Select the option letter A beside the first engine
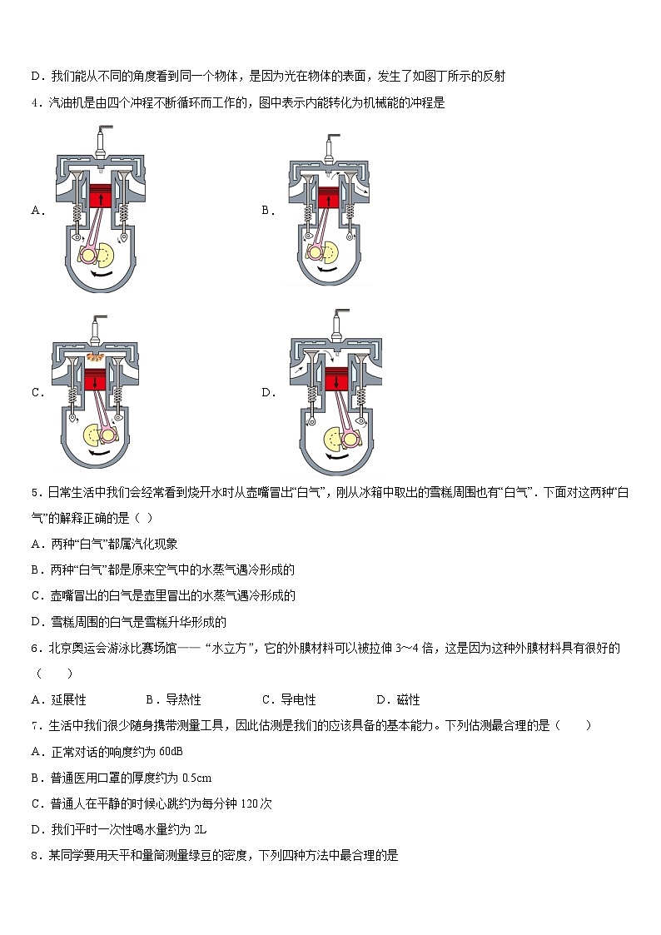[x=37, y=211]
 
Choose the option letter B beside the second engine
[x=267, y=211]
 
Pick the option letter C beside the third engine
[x=37, y=393]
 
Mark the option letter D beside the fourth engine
[x=267, y=393]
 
